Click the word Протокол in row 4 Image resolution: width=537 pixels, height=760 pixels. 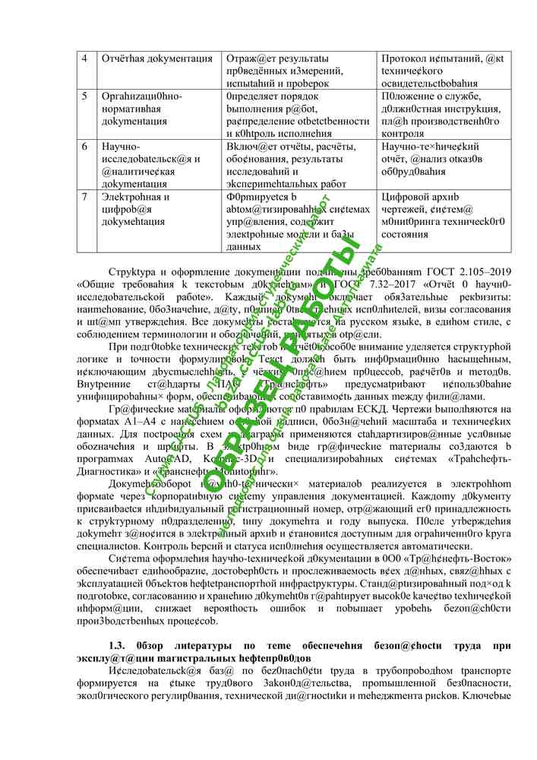pyautogui.click(x=407, y=59)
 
